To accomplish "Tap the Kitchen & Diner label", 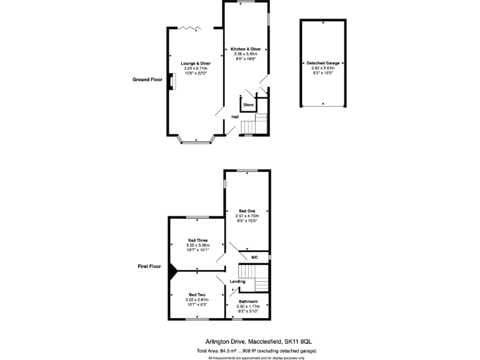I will [246, 49].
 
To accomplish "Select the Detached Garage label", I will [323, 63].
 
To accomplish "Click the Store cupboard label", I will [247, 104].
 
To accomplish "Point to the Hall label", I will [235, 117].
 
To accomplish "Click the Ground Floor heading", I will [147, 79].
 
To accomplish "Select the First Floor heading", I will [149, 266].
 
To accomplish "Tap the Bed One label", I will [247, 211].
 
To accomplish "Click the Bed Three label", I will [197, 240].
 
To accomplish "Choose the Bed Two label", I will [197, 294].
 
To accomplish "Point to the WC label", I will [254, 257].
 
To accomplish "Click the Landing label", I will [237, 281].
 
